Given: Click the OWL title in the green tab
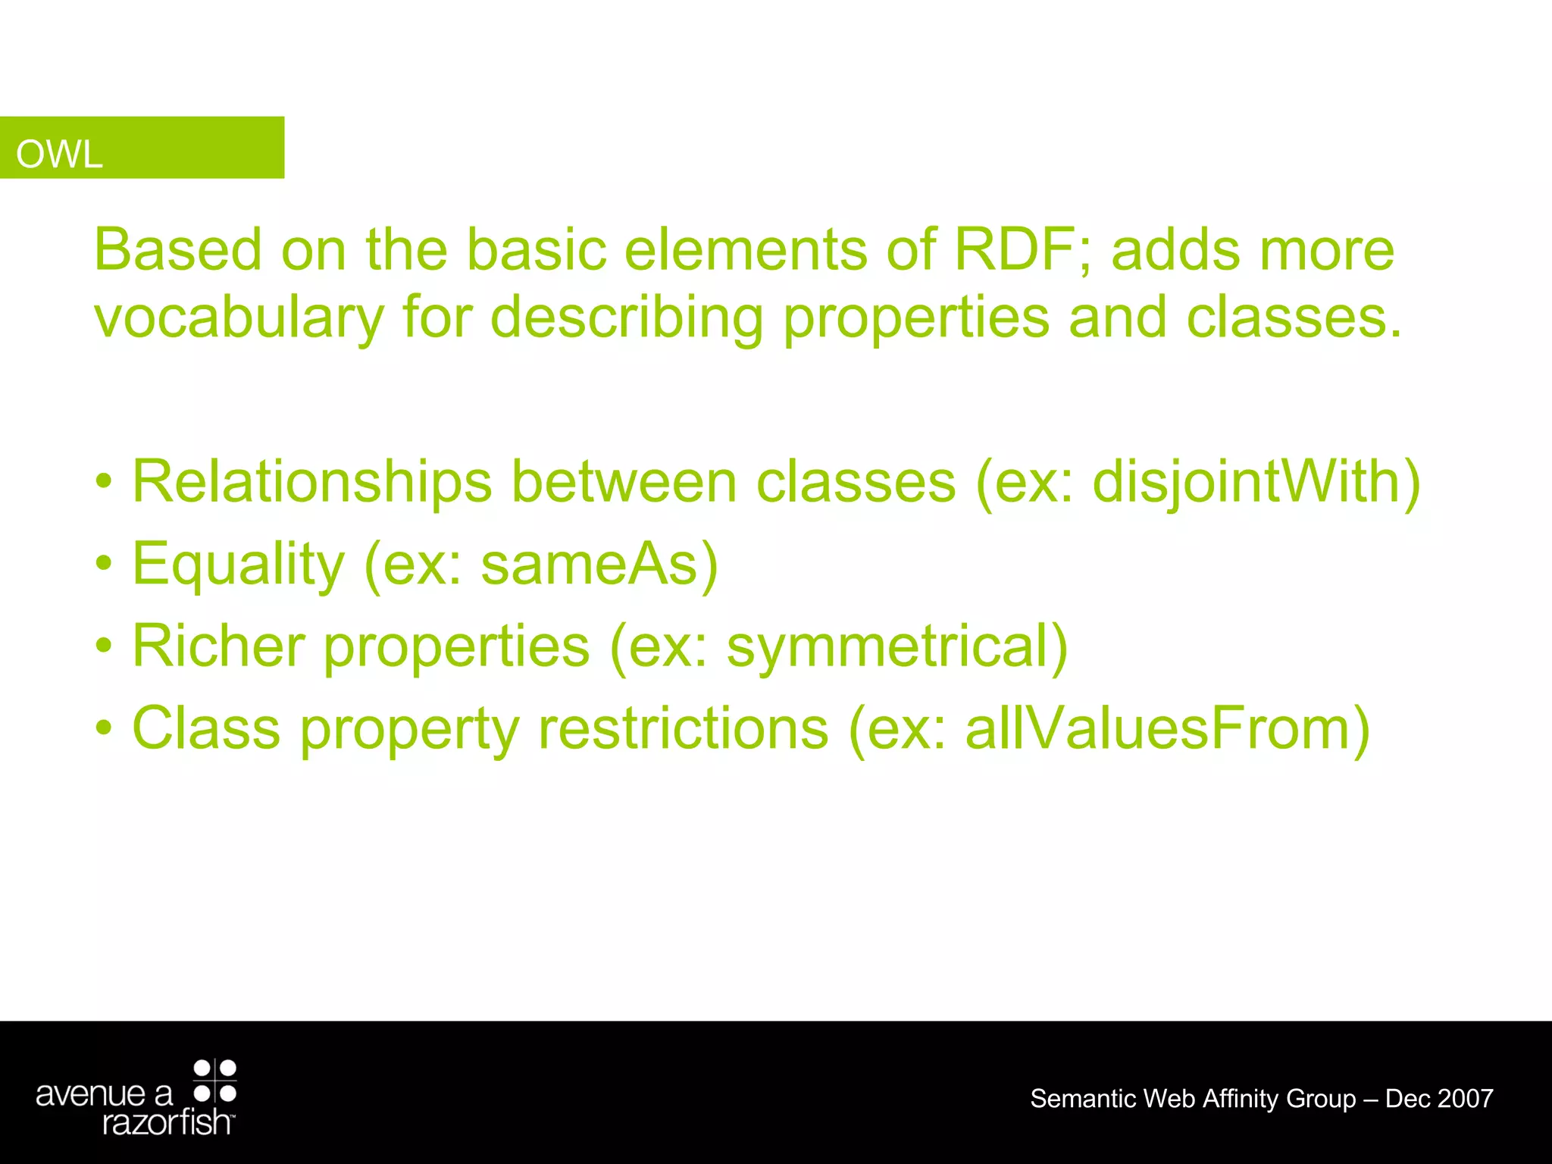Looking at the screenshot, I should (59, 155).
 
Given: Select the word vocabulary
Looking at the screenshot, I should (239, 318).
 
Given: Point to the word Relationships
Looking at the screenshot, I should (311, 482).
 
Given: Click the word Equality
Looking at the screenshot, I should (238, 565).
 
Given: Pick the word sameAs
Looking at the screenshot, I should (590, 565).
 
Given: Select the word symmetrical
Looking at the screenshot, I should (887, 646).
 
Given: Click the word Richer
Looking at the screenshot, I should (218, 646).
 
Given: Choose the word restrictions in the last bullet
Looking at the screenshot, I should (683, 729).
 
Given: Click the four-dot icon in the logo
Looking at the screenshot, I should (215, 1081).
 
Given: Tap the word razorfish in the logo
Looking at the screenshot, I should (167, 1122).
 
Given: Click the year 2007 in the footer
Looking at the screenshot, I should (1465, 1099).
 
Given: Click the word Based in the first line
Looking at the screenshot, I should (177, 250).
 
